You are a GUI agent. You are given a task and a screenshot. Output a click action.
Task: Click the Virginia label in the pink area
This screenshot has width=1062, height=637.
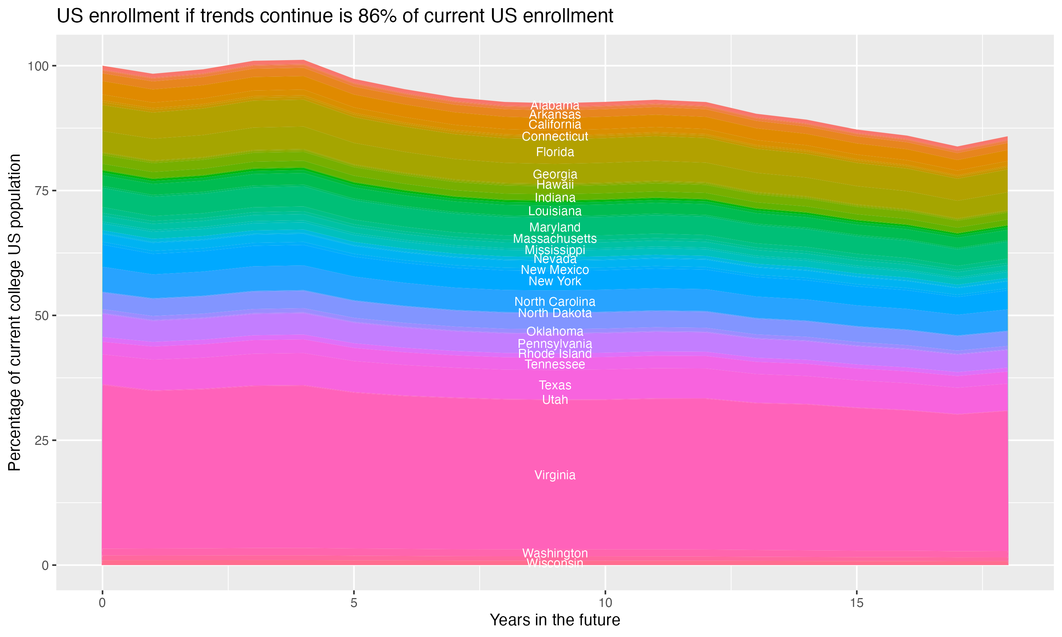pyautogui.click(x=555, y=475)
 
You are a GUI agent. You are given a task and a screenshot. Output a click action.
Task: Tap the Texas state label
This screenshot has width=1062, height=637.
pyautogui.click(x=555, y=385)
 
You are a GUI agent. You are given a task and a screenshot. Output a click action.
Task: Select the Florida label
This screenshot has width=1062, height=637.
pyautogui.click(x=555, y=152)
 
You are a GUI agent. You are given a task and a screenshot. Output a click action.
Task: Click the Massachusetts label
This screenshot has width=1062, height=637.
pyautogui.click(x=555, y=238)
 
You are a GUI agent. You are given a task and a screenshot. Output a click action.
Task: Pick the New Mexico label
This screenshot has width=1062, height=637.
pyautogui.click(x=555, y=270)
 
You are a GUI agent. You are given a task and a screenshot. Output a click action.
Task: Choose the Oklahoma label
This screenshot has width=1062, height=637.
pyautogui.click(x=555, y=331)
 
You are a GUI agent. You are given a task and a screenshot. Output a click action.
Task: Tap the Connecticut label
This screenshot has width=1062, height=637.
pyautogui.click(x=555, y=137)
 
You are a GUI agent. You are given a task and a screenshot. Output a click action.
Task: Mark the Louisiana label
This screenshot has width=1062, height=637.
pyautogui.click(x=555, y=211)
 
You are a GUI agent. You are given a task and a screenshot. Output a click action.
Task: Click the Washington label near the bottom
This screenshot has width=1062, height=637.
pyautogui.click(x=555, y=553)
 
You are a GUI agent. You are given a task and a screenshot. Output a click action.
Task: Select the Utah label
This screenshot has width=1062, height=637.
pyautogui.click(x=555, y=400)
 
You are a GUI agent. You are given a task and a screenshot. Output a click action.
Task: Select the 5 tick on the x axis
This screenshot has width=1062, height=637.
pyautogui.click(x=354, y=603)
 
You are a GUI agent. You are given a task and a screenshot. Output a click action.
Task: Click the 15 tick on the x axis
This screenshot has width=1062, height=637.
pyautogui.click(x=856, y=603)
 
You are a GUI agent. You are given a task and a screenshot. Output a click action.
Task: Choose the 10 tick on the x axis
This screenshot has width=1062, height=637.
pyautogui.click(x=605, y=603)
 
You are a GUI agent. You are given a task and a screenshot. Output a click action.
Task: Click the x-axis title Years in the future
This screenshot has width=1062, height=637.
pyautogui.click(x=555, y=620)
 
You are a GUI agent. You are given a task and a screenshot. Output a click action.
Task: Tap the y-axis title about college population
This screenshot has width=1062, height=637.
pyautogui.click(x=15, y=312)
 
